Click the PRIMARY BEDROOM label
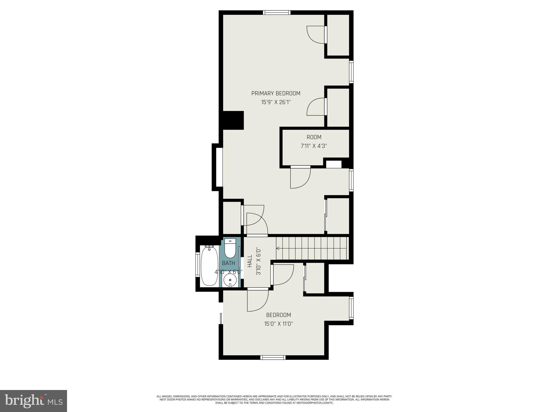[x=276, y=93]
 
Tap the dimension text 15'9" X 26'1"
[x=276, y=102]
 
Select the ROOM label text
[x=314, y=137]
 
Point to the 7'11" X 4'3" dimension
[x=314, y=146]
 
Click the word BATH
[x=228, y=263]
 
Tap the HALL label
[x=250, y=261]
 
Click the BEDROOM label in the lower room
[x=278, y=315]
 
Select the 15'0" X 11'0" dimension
[x=278, y=324]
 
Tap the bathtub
[x=209, y=266]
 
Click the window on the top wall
[x=277, y=12]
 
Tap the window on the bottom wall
[x=273, y=357]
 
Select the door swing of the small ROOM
[x=300, y=177]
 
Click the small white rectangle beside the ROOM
[x=334, y=164]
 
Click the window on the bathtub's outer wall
[x=198, y=265]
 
